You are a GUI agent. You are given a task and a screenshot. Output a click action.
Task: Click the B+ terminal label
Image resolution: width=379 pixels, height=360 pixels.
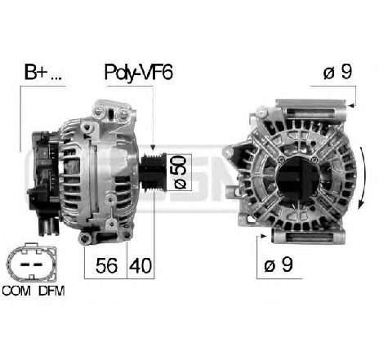[x=43, y=72]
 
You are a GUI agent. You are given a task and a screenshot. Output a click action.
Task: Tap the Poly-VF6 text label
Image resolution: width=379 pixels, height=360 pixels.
[x=139, y=73]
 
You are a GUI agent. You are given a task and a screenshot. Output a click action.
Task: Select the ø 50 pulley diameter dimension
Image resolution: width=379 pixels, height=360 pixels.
[x=180, y=172]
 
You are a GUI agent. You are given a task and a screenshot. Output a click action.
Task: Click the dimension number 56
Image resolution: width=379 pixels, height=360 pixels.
[x=106, y=265]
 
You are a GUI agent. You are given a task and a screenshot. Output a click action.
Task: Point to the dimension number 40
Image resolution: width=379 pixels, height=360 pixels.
[x=140, y=265]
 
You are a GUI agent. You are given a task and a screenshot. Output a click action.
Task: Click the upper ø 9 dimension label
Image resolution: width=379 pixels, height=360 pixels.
[x=337, y=72]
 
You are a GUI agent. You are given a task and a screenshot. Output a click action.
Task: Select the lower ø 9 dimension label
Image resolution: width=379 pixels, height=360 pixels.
[x=279, y=264]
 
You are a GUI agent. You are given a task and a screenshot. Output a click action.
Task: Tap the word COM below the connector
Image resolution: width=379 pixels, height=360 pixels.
[x=16, y=291]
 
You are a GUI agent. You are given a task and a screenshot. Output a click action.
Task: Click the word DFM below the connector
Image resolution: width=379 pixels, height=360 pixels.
[x=51, y=291]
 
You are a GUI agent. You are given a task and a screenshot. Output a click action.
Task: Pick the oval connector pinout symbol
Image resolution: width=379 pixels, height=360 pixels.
[x=32, y=263]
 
